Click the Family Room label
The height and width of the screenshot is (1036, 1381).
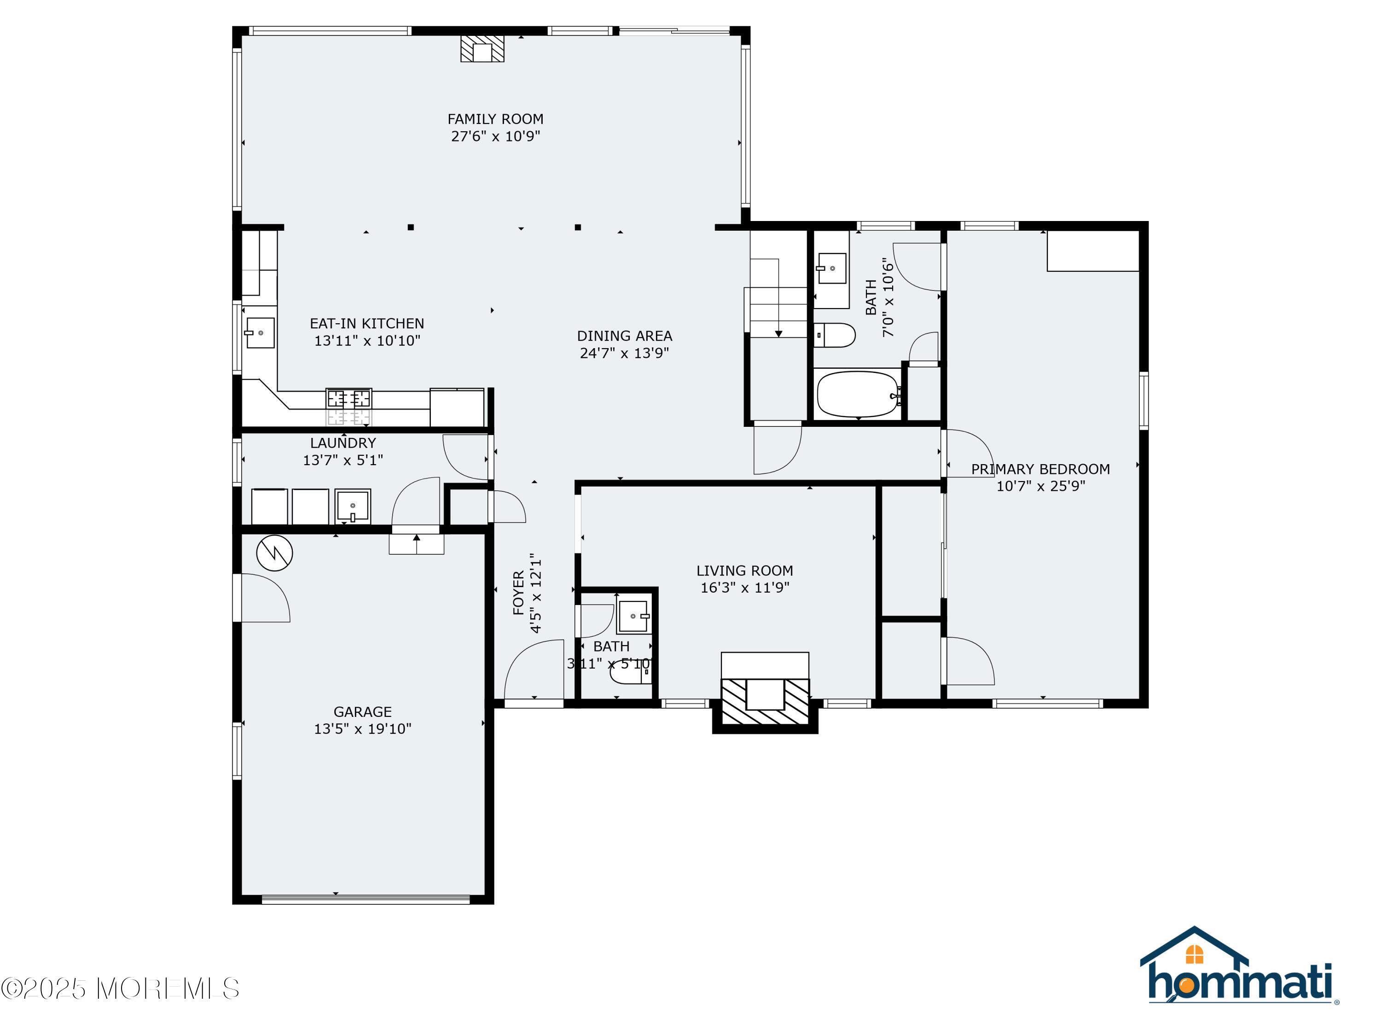tap(495, 119)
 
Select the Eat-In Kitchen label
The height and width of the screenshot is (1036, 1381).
tap(367, 324)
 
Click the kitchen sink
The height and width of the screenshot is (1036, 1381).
tap(260, 333)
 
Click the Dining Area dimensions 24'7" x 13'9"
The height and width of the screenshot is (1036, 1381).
tap(624, 353)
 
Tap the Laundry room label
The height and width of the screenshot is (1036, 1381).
tap(343, 443)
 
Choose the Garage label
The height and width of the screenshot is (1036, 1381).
tap(363, 711)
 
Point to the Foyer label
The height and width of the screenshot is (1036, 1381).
tap(518, 593)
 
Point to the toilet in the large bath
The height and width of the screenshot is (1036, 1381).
tap(835, 335)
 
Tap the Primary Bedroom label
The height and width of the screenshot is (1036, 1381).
tap(1040, 469)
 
